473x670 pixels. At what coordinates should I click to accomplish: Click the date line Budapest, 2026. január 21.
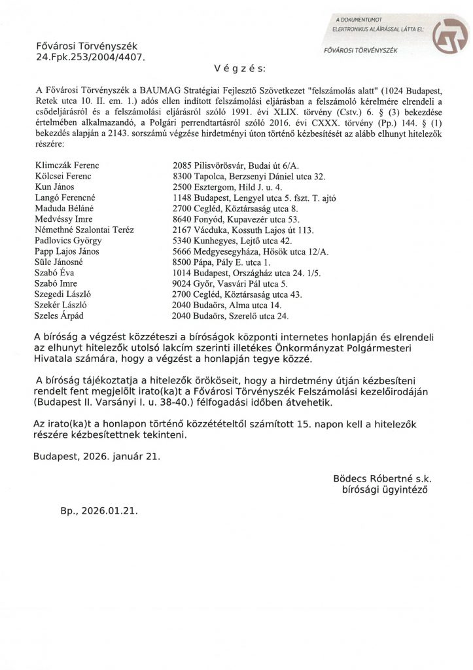click(x=96, y=456)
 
